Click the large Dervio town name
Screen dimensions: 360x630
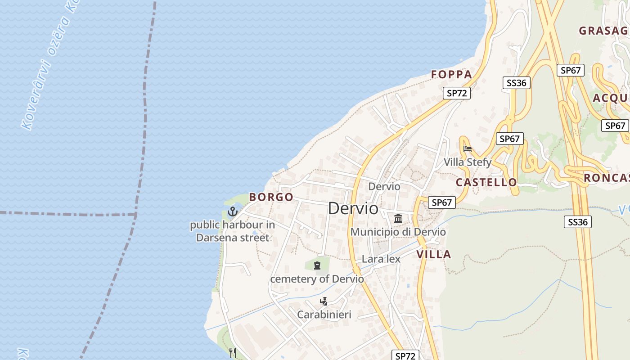click(353, 208)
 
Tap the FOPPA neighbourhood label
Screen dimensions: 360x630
click(451, 75)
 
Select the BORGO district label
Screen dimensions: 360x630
click(271, 197)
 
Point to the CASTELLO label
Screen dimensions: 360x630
click(486, 182)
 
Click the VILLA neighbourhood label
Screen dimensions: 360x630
click(433, 254)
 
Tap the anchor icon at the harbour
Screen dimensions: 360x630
click(233, 211)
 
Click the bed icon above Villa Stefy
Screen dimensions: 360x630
click(468, 149)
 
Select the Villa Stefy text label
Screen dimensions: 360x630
click(468, 162)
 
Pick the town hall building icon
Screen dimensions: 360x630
click(398, 219)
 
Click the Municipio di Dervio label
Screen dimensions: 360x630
click(398, 232)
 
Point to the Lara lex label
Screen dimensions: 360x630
click(381, 259)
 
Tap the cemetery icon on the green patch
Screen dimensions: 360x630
click(317, 265)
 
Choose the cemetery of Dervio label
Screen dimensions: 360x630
click(317, 279)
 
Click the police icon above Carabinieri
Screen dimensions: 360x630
click(324, 301)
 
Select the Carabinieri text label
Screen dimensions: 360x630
click(324, 315)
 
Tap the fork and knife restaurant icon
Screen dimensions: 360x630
click(233, 352)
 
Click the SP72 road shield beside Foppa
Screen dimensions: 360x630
click(456, 93)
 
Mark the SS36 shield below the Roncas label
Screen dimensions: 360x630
click(578, 222)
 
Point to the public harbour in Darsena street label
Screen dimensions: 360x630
click(232, 231)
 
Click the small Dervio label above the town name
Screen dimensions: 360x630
click(384, 186)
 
